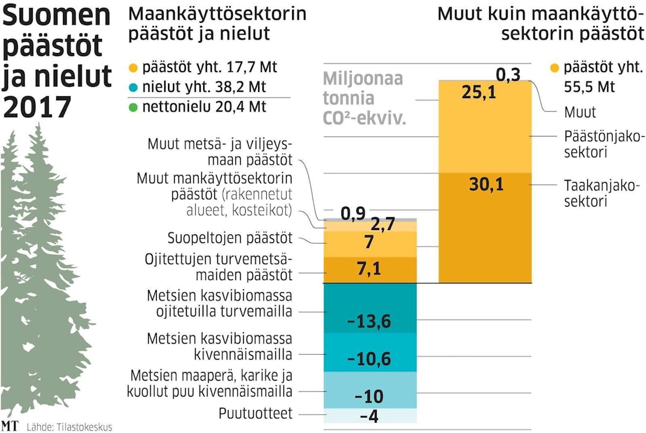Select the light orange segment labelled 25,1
pyautogui.click(x=485, y=127)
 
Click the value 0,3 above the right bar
pyautogui.click(x=508, y=75)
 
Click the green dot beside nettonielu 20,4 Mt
pyautogui.click(x=133, y=107)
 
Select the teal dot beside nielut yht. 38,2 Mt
pyautogui.click(x=133, y=87)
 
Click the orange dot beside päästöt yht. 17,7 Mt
pyautogui.click(x=133, y=67)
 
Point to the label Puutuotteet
pyautogui.click(x=255, y=414)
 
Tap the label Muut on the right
pyautogui.click(x=580, y=113)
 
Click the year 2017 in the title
pyautogui.click(x=37, y=106)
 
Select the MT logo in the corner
pyautogui.click(x=10, y=426)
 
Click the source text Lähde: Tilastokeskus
pyautogui.click(x=69, y=426)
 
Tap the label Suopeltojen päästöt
pyautogui.click(x=230, y=238)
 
